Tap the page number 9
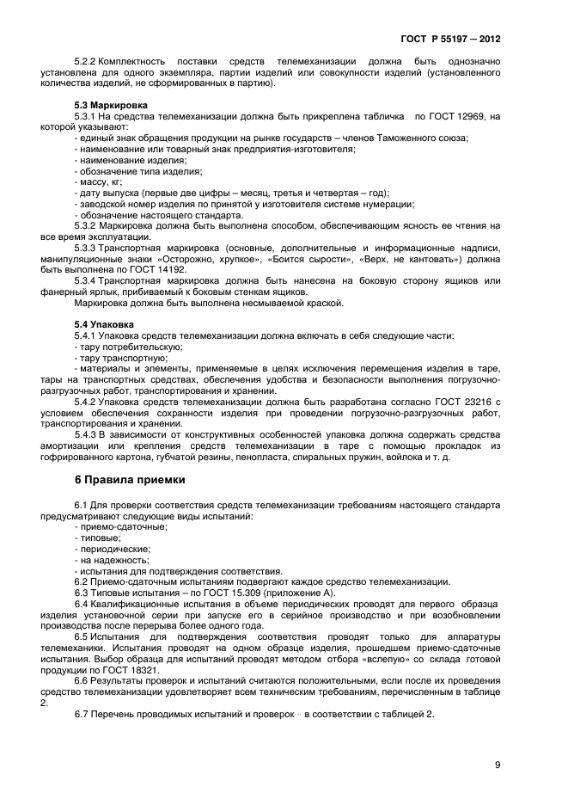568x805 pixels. (498, 764)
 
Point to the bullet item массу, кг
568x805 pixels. (101, 181)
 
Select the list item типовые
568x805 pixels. (99, 537)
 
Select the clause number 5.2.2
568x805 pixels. (85, 63)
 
